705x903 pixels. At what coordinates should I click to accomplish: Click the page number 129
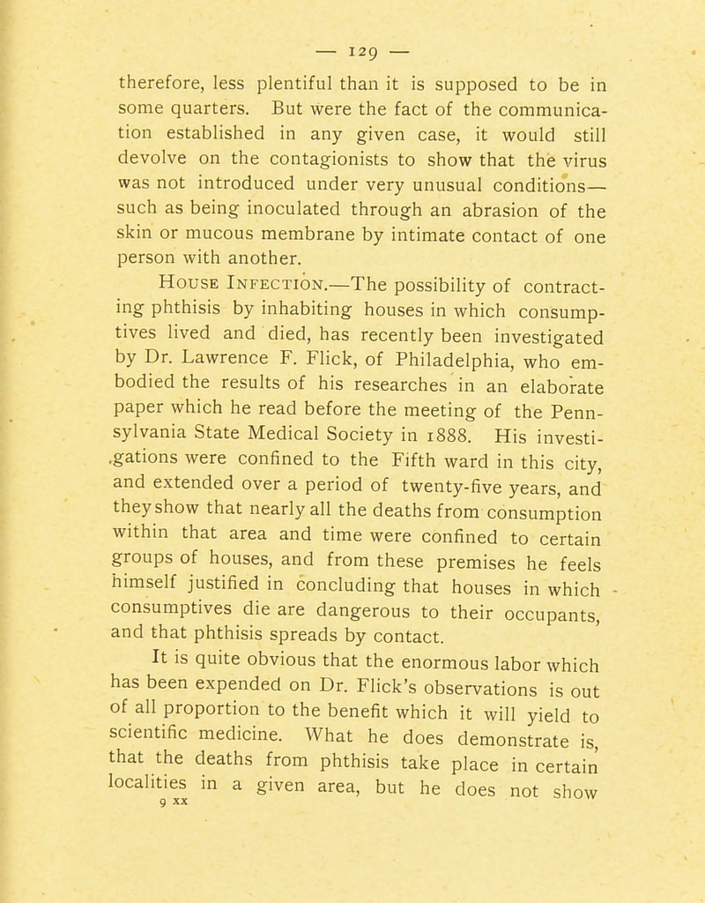pyautogui.click(x=352, y=17)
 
